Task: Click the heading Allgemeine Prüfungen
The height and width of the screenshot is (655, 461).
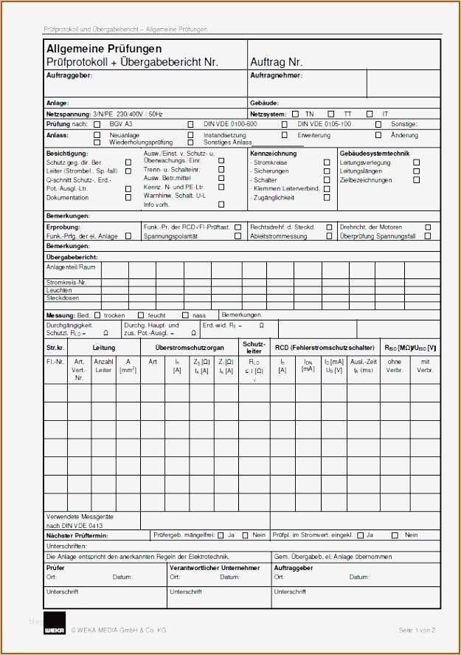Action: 104,49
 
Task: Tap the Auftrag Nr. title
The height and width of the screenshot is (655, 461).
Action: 277,62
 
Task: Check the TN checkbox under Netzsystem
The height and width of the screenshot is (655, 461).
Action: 295,114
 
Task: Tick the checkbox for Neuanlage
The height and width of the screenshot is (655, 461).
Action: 97,135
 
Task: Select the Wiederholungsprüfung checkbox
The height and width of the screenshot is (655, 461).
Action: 97,142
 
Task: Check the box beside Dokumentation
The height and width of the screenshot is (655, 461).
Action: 128,198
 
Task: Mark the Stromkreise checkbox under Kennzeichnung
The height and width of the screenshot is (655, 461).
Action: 327,162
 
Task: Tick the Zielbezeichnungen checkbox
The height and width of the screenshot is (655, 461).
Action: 416,179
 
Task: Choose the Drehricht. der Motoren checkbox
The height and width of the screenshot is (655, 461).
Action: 428,227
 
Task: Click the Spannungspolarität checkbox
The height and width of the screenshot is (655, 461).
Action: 238,236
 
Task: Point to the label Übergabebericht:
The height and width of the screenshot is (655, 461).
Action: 72,256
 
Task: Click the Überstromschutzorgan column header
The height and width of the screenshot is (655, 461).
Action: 190,347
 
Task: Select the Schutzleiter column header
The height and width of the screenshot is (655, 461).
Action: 254,347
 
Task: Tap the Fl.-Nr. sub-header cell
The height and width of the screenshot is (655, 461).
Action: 56,362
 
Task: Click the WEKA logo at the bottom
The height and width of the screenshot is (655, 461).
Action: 55,623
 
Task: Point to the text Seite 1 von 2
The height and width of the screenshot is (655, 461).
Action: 417,630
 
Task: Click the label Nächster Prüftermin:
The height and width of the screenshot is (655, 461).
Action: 77,535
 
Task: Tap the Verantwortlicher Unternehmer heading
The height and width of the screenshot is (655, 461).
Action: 215,568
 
